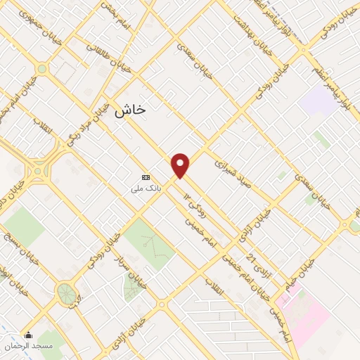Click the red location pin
click(x=181, y=165)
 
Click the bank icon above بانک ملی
click(x=146, y=177)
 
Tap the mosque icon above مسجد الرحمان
click(x=29, y=335)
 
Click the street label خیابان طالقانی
click(x=99, y=58)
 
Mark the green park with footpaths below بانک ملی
click(x=150, y=243)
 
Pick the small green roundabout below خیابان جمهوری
click(x=41, y=69)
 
